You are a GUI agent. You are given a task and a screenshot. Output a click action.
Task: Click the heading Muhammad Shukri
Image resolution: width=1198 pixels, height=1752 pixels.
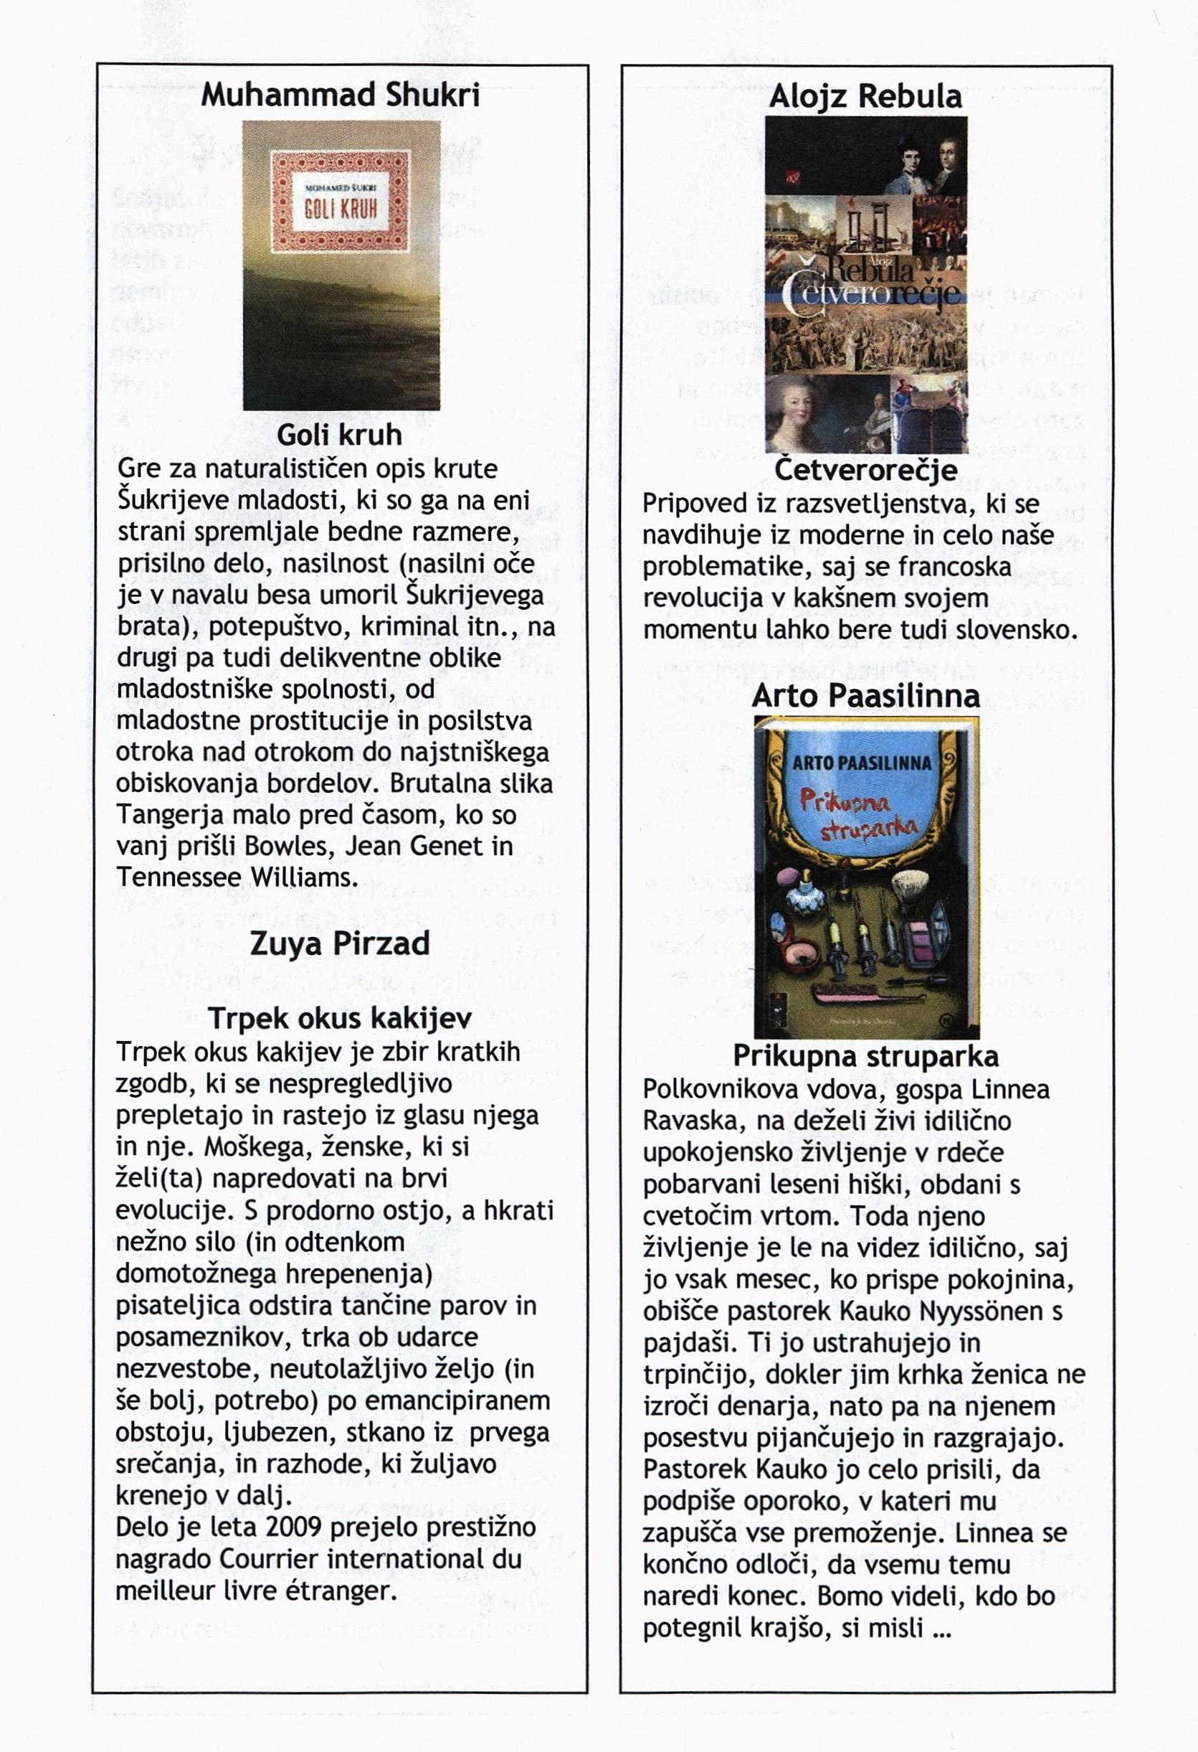[x=340, y=95]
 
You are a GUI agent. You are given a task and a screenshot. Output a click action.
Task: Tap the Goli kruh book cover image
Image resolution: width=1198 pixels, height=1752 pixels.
[x=341, y=265]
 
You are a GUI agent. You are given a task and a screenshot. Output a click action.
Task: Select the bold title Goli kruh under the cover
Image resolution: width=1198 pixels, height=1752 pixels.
[x=339, y=435]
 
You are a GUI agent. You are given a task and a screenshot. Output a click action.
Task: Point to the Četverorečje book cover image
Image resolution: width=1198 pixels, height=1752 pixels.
[x=866, y=284]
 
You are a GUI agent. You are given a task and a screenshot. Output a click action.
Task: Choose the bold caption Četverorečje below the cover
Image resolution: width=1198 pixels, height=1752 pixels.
[x=866, y=470]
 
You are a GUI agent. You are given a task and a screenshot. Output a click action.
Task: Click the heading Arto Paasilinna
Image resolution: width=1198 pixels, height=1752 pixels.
[x=866, y=695]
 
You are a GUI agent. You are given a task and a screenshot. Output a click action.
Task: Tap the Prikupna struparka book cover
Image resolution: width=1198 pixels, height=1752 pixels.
[x=866, y=877]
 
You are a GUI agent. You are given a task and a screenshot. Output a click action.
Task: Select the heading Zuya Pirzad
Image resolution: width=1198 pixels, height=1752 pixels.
[x=339, y=944]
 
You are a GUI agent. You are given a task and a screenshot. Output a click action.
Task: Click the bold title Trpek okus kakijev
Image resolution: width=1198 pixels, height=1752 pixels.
[x=340, y=1018]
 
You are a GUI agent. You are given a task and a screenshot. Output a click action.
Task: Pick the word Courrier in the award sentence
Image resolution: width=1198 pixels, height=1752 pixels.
[x=270, y=1559]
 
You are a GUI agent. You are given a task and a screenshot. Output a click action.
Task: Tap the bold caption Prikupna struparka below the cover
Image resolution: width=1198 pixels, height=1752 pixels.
[x=866, y=1056]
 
